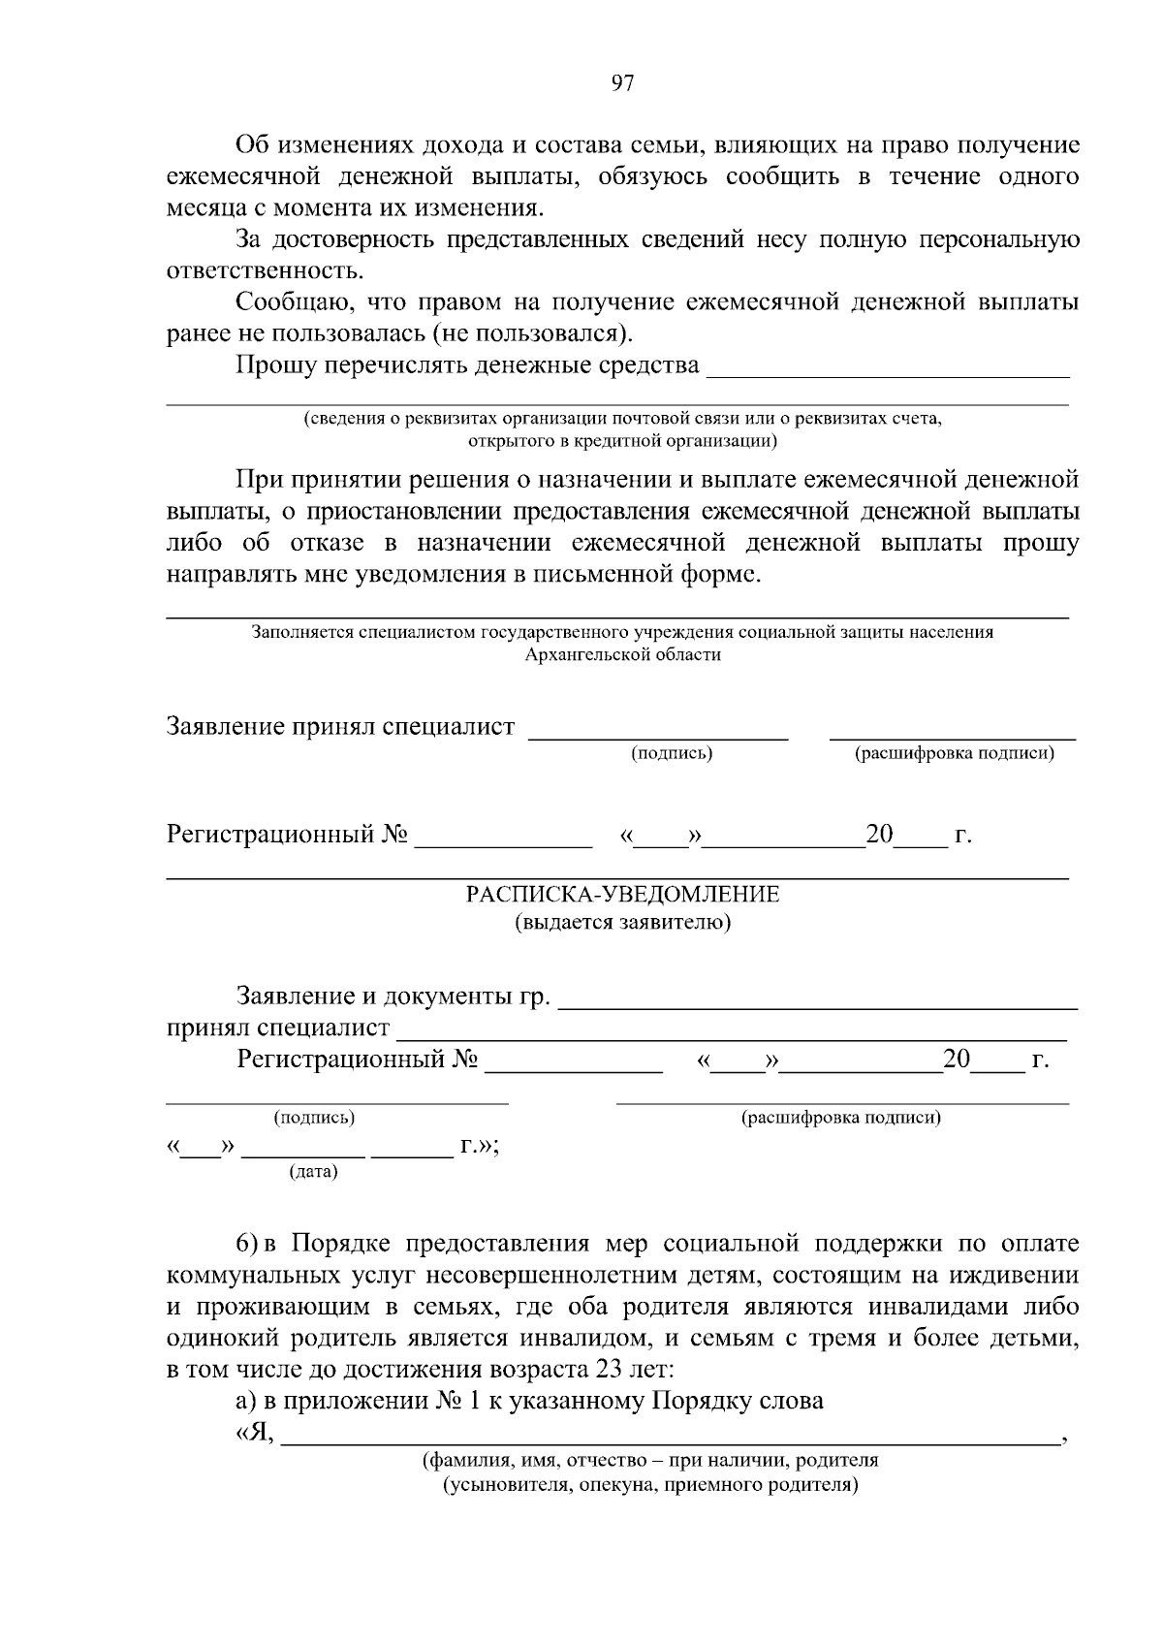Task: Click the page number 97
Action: click(622, 84)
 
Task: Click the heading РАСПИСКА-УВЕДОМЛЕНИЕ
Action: click(622, 894)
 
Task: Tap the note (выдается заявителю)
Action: click(622, 922)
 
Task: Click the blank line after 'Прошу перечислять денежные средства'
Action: click(889, 368)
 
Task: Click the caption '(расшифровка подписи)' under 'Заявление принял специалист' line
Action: click(954, 754)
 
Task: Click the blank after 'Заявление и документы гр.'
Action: click(819, 1000)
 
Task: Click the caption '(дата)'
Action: click(313, 1172)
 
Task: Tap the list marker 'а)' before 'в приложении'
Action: click(247, 1402)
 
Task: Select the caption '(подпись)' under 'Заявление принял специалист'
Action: click(672, 754)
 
